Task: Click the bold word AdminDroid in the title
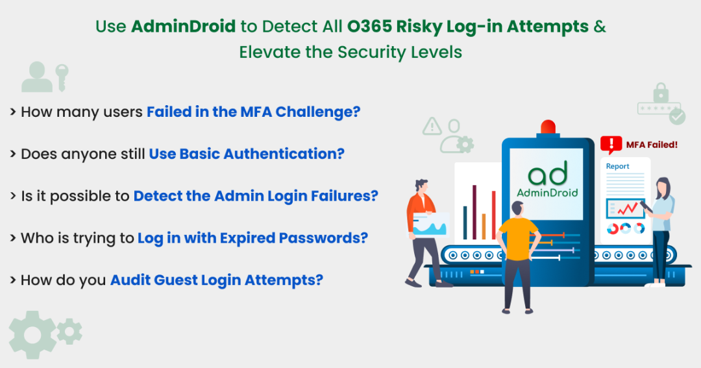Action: [183, 27]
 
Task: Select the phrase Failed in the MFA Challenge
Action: [253, 112]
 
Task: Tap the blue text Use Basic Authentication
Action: [247, 154]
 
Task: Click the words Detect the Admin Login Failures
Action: [256, 195]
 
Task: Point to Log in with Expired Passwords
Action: [252, 238]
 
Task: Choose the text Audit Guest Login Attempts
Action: [217, 280]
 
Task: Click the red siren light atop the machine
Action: [548, 128]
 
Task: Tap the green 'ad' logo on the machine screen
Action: [547, 173]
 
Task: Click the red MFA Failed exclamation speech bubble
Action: [610, 144]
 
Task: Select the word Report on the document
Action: [617, 166]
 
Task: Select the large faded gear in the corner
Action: [31, 334]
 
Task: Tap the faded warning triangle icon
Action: [432, 127]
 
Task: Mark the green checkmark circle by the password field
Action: [677, 116]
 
